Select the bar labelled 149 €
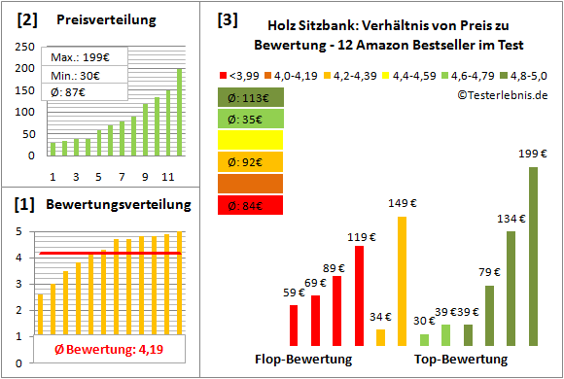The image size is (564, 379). [402, 281]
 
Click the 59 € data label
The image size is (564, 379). [293, 293]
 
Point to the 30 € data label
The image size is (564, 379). [424, 321]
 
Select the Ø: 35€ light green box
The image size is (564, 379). [251, 119]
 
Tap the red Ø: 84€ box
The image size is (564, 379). [251, 205]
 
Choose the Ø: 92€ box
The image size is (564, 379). [251, 162]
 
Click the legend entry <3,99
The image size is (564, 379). [242, 74]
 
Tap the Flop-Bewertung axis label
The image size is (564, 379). [303, 360]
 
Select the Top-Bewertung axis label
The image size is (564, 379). [462, 360]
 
